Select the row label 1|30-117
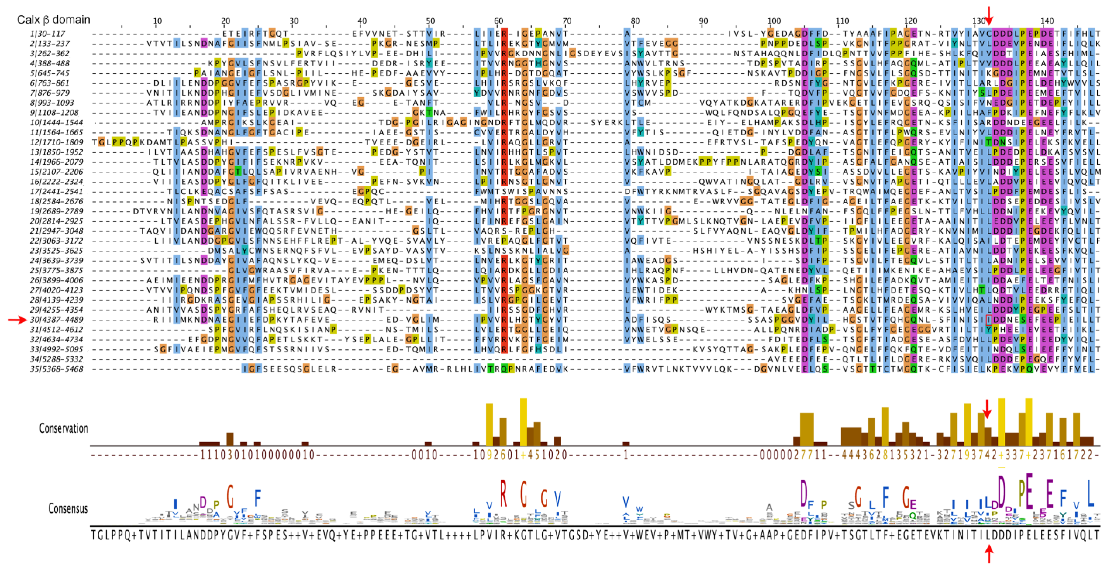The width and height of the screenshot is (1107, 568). click(48, 34)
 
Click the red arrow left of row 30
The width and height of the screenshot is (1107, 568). click(17, 320)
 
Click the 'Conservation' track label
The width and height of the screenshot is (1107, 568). click(64, 428)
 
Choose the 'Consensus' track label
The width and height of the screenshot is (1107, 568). click(68, 508)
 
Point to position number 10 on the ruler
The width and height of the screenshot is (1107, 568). click(157, 21)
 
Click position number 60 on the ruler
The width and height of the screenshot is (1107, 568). click(498, 21)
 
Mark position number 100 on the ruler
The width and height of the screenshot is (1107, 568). click(774, 21)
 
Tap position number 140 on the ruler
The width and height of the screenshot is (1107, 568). click(1047, 21)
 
